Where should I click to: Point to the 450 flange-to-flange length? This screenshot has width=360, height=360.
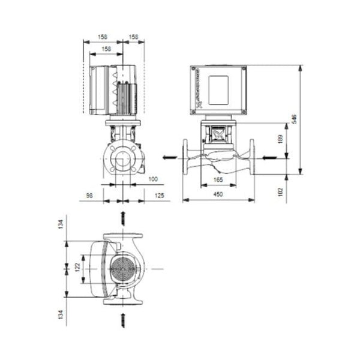218,194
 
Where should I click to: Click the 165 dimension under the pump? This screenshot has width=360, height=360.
218,179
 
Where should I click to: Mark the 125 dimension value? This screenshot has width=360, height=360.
159,194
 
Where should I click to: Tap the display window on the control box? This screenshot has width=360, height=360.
219,89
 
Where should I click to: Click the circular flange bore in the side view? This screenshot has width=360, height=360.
124,161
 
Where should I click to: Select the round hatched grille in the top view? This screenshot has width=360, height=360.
124,268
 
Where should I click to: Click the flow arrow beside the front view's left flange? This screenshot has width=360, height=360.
170,158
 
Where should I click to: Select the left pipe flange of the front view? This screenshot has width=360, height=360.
186,158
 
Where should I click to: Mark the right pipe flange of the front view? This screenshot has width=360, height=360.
252,158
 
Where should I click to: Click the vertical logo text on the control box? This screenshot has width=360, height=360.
196,91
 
